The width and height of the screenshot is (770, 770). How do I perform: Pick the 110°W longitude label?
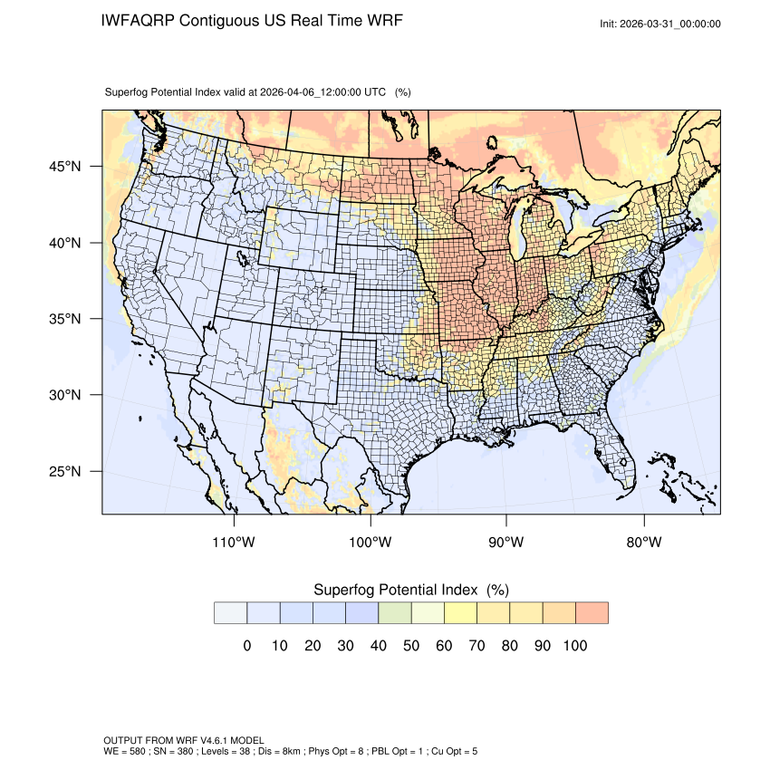click(234, 543)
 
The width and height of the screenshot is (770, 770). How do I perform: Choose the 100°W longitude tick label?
click(371, 543)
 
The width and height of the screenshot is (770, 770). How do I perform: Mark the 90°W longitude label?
click(506, 543)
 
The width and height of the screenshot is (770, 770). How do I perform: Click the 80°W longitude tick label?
click(643, 543)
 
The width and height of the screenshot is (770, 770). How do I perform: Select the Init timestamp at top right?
click(660, 24)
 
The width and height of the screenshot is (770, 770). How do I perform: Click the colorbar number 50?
click(411, 646)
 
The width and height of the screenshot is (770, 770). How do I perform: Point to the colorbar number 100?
click(574, 646)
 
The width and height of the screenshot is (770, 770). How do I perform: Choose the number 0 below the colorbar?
click(247, 646)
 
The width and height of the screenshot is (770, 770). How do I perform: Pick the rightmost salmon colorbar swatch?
click(592, 613)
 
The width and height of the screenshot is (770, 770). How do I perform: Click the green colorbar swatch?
click(395, 613)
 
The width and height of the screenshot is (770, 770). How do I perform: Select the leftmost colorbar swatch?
click(231, 613)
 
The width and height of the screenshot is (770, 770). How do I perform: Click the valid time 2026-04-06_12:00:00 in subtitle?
click(322, 92)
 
